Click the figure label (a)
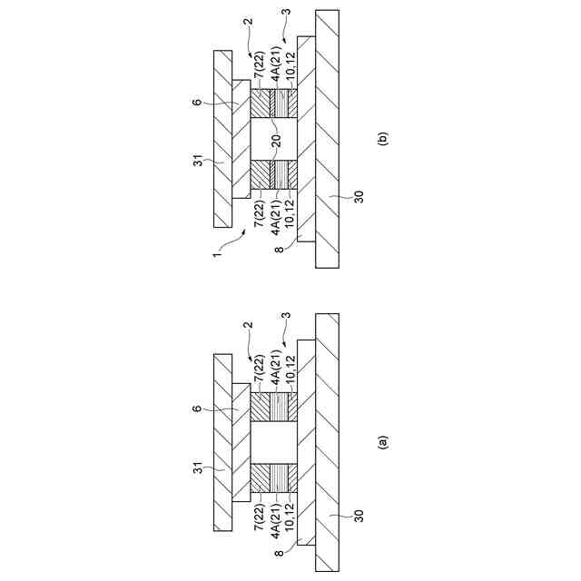(x=384, y=442)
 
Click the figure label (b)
(x=384, y=140)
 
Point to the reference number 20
(x=274, y=141)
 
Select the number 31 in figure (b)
(x=198, y=163)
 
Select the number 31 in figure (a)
(x=198, y=470)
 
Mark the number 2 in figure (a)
(x=248, y=324)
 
